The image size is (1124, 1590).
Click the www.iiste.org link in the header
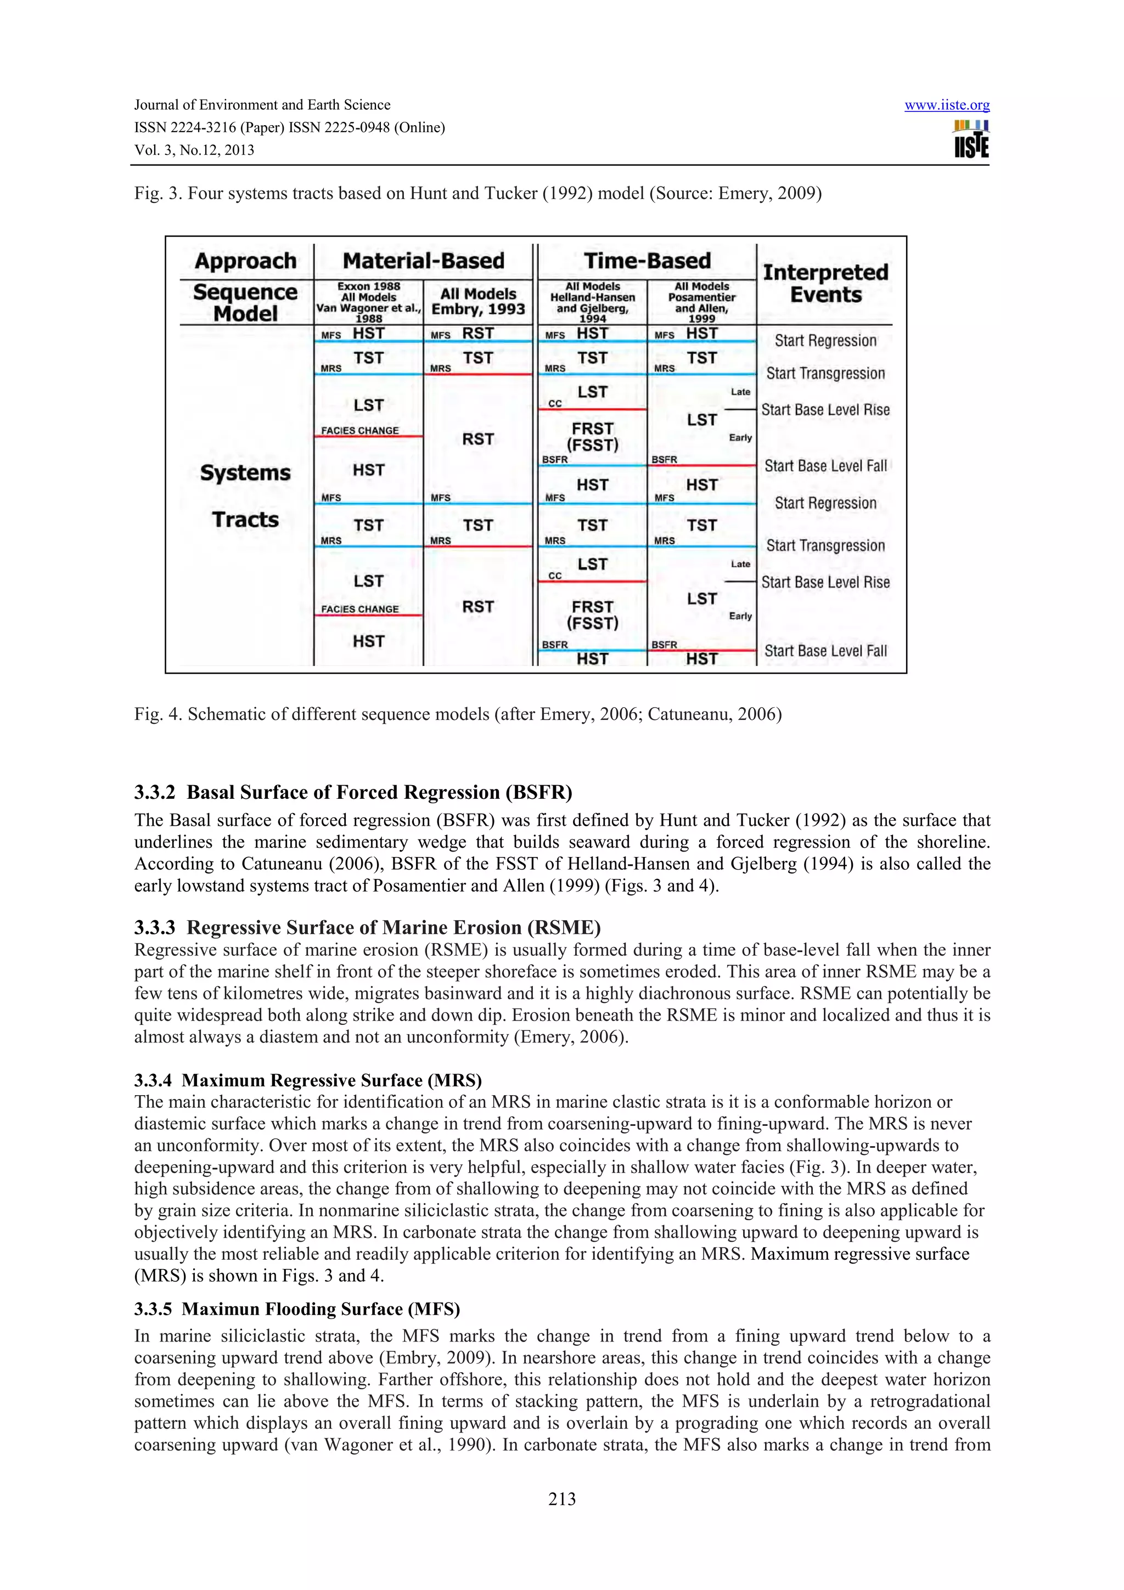946,105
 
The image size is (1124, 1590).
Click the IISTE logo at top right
971,139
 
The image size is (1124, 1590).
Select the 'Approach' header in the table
245,261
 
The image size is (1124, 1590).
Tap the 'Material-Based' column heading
423,261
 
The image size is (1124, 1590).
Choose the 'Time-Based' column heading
647,261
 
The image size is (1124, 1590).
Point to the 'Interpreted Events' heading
825,283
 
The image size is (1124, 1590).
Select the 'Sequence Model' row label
245,303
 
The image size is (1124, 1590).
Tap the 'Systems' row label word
245,473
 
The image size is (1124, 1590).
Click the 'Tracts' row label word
245,520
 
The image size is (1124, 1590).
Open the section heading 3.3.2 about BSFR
353,792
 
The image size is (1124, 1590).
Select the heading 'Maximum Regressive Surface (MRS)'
308,1080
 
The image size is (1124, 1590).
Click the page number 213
561,1498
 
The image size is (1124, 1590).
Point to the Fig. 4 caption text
457,714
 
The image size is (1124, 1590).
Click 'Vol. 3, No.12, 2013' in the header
194,150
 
